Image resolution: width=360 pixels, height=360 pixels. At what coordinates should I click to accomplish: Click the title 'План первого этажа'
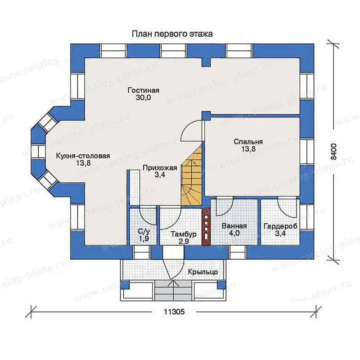[x=172, y=34]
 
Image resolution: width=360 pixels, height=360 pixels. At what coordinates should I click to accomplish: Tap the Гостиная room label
[x=144, y=90]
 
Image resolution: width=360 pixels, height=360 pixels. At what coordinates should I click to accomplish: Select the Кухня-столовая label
[x=83, y=156]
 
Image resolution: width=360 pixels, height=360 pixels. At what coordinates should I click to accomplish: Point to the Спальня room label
[x=248, y=142]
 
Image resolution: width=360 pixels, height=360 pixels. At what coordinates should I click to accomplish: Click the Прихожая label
[x=160, y=168]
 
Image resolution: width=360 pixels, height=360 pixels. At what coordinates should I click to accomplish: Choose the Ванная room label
[x=234, y=226]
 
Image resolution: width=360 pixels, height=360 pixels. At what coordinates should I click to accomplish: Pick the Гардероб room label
[x=280, y=226]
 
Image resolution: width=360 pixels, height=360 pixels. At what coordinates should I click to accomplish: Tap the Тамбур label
[x=184, y=234]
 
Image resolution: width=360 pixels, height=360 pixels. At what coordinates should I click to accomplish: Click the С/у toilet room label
[x=144, y=231]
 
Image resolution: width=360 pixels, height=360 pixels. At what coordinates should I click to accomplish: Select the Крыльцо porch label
[x=203, y=272]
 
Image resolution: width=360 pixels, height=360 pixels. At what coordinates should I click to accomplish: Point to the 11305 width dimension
[x=174, y=311]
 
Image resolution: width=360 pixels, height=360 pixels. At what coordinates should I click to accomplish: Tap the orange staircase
[x=192, y=179]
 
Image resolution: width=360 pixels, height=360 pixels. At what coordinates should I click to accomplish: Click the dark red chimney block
[x=206, y=227]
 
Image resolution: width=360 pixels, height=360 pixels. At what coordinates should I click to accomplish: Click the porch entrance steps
[x=173, y=290]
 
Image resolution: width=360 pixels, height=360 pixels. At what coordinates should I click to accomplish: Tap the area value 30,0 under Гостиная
[x=143, y=98]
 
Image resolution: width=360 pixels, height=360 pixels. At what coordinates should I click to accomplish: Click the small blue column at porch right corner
[x=221, y=285]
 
